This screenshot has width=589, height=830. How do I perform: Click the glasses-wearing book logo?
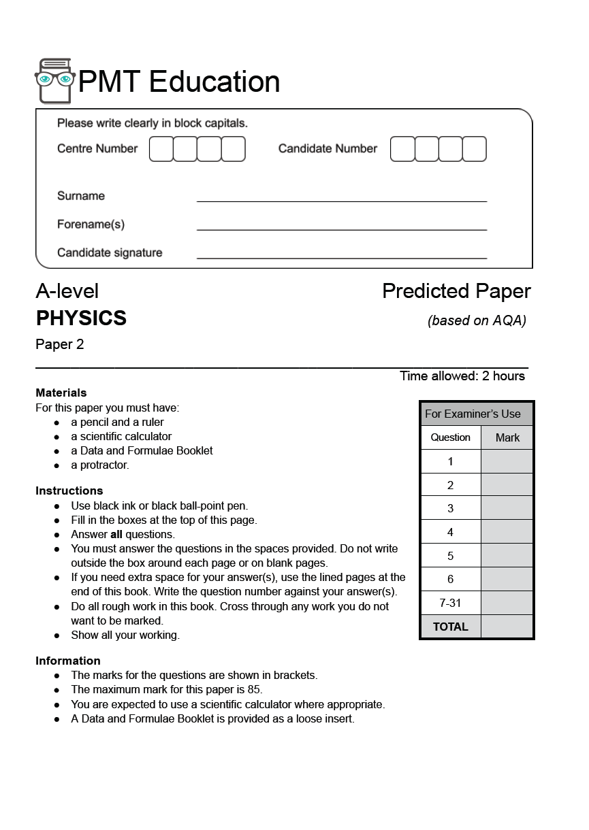54,81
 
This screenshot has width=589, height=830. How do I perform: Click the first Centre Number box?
161,149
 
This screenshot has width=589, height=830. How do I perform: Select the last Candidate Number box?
475,149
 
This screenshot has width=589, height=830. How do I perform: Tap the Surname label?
81,196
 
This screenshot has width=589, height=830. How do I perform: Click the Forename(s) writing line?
342,230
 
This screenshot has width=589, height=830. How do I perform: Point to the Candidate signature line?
342,259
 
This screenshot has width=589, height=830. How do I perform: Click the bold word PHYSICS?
81,318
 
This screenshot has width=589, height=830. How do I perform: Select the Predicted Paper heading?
456,291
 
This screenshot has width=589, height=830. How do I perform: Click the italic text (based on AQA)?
477,320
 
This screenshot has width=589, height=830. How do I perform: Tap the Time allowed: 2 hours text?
462,376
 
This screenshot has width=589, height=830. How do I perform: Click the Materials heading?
61,393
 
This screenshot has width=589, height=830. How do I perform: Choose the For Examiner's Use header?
473,414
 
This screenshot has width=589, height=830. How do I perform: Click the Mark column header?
507,437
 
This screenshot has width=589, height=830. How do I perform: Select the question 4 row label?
450,532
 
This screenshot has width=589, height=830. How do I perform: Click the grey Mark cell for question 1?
507,461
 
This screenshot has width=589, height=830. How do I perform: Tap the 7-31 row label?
450,603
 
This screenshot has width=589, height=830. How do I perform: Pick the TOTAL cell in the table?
450,627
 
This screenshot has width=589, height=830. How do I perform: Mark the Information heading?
68,661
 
